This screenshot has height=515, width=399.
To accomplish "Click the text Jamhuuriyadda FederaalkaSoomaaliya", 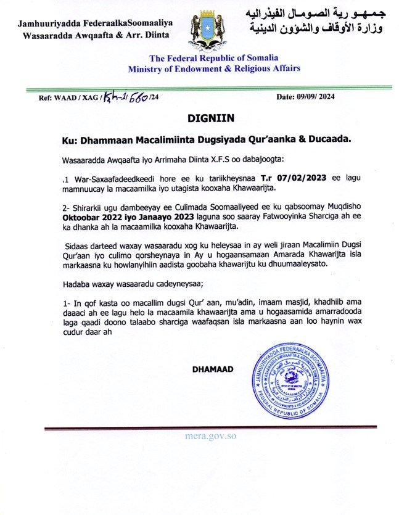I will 96,23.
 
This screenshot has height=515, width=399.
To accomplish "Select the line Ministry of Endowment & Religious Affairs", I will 215,68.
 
